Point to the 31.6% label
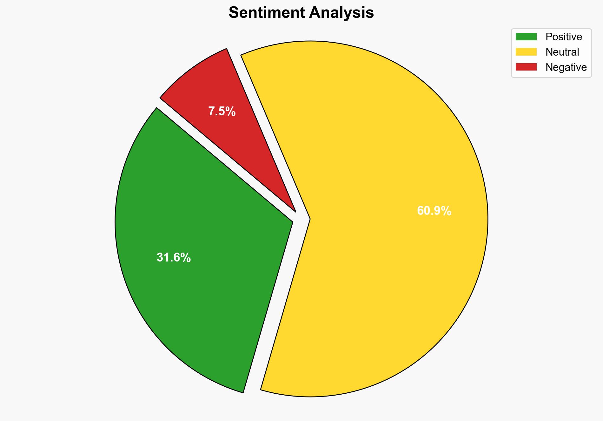(174, 257)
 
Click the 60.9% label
(434, 211)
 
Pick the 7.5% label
(222, 111)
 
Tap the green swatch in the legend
(526, 37)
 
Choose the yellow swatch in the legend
(526, 52)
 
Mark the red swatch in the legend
(526, 67)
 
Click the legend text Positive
(564, 37)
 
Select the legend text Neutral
(562, 52)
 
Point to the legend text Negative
(566, 67)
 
